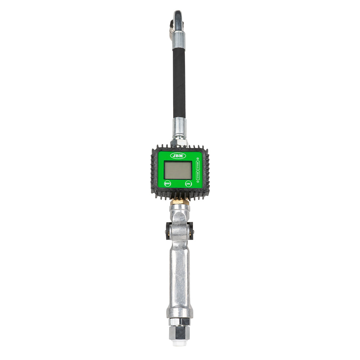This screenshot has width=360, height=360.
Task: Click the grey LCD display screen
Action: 177,170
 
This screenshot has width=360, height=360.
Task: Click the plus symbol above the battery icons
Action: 198,158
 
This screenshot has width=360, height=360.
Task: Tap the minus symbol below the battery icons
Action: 198,182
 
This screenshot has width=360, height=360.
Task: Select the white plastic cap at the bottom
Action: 180,343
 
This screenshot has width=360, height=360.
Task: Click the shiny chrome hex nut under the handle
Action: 180,321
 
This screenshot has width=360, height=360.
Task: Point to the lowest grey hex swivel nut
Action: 180,333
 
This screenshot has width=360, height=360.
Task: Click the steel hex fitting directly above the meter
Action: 179,143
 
